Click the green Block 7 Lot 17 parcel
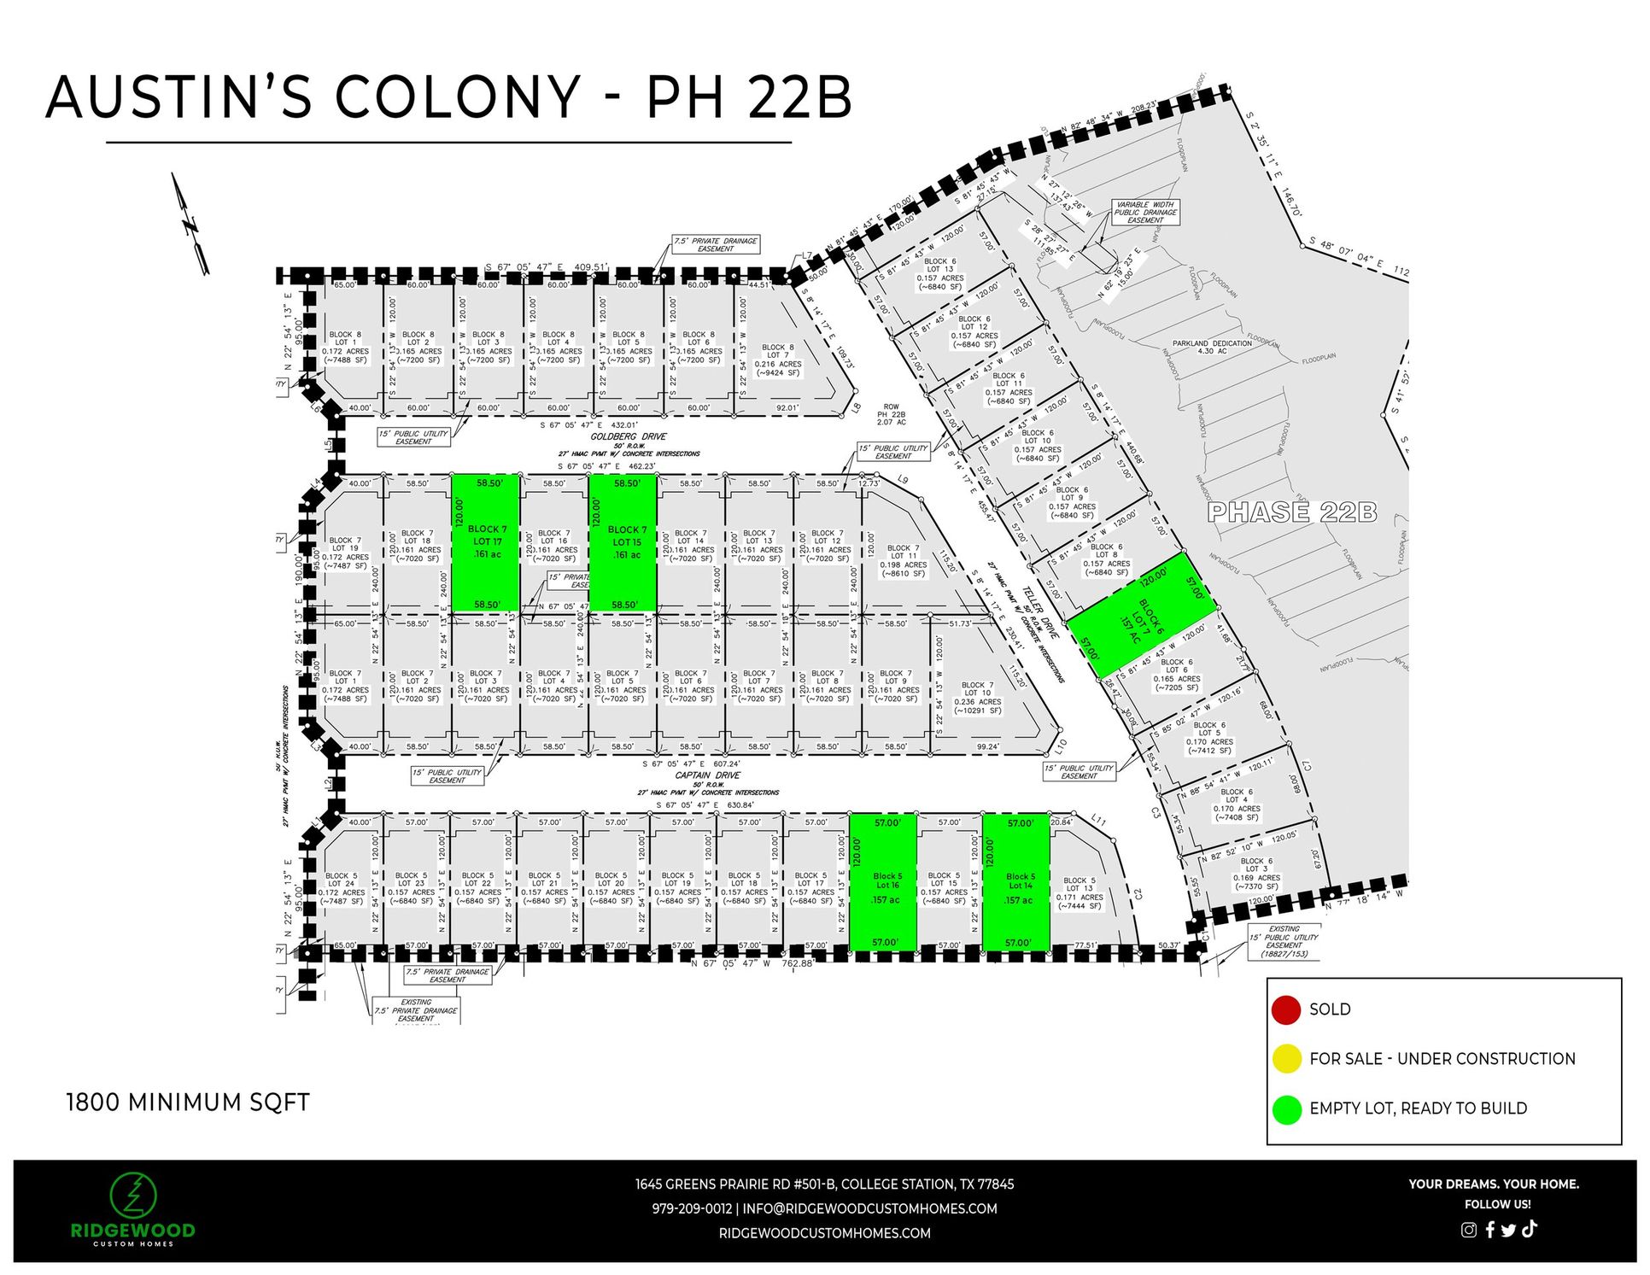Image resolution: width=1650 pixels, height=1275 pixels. click(485, 543)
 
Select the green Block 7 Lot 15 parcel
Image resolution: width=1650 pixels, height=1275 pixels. click(623, 543)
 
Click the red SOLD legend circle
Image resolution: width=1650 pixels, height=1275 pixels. click(1285, 1009)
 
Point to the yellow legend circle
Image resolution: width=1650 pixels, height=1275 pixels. click(1285, 1059)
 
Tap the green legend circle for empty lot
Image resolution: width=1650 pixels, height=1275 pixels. click(1285, 1108)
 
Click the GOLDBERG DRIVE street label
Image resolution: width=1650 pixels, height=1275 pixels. click(629, 436)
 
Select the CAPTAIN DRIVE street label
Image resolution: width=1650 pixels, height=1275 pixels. click(707, 775)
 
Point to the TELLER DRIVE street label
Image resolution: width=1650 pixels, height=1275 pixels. click(1040, 613)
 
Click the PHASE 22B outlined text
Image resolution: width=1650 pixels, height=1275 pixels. click(1291, 512)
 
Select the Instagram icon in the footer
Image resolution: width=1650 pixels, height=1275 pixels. click(1468, 1230)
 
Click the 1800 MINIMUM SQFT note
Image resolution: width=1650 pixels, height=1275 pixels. click(188, 1102)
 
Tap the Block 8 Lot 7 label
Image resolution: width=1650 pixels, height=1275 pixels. click(778, 360)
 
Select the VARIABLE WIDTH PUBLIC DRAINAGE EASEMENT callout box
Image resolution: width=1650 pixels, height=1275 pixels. click(1144, 213)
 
